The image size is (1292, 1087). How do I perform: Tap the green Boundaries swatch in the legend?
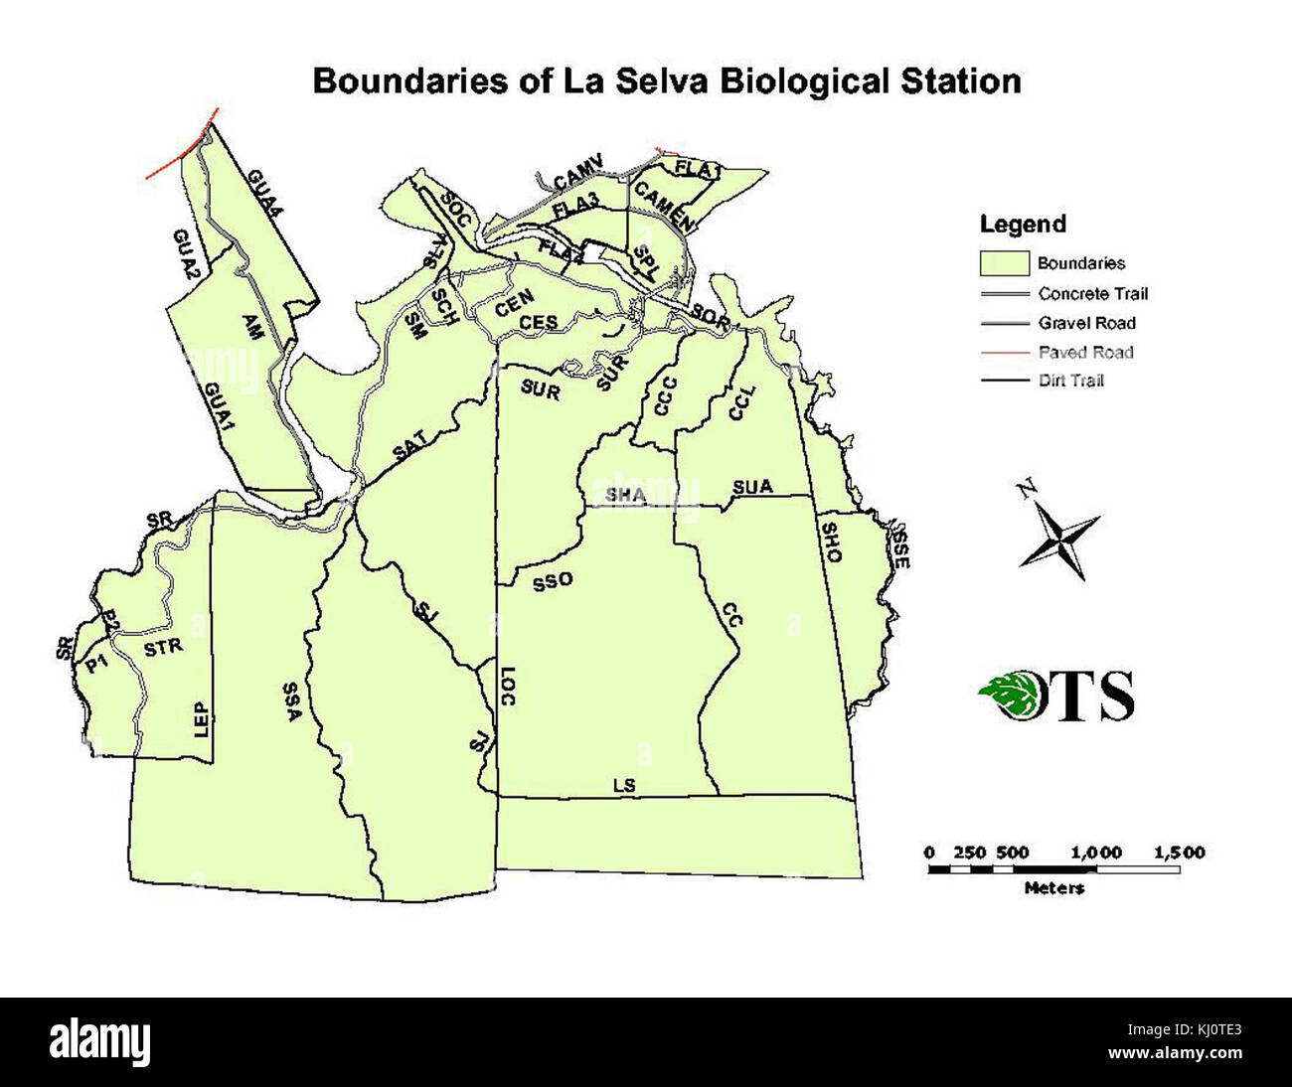(x=1004, y=263)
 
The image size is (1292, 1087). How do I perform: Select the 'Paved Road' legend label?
(x=1085, y=352)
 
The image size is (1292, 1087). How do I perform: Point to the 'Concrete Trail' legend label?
(x=1093, y=293)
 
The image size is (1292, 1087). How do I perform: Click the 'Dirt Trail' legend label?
(x=1071, y=381)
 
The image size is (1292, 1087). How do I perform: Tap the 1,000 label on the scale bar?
(x=1097, y=853)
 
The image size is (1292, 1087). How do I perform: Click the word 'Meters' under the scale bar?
(x=1054, y=888)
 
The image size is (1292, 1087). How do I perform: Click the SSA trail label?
(x=290, y=705)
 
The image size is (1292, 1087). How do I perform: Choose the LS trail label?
(x=623, y=786)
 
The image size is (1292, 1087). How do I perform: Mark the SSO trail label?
(x=552, y=582)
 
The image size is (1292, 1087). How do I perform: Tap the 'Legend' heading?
(x=1023, y=225)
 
